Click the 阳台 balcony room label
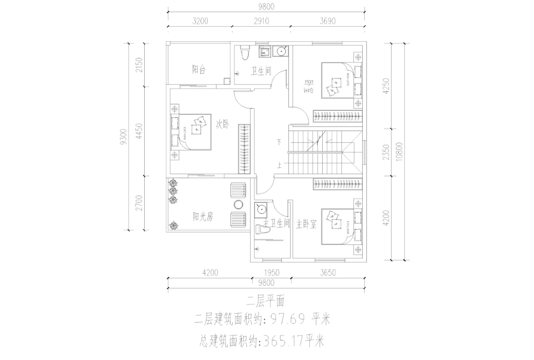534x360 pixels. pyautogui.click(x=199, y=69)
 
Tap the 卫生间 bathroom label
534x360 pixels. pyautogui.click(x=261, y=71)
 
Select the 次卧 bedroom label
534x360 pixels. pyautogui.click(x=222, y=124)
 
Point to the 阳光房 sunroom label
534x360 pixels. pyautogui.click(x=202, y=216)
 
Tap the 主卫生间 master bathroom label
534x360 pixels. pyautogui.click(x=277, y=224)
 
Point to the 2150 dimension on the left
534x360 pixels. pyautogui.click(x=139, y=65)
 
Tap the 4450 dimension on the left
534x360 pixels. pyautogui.click(x=139, y=130)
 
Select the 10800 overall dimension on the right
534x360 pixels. pyautogui.click(x=398, y=151)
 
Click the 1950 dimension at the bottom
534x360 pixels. pyautogui.click(x=272, y=273)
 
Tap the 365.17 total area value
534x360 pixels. pyautogui.click(x=282, y=341)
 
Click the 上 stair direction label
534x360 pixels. pyautogui.click(x=279, y=166)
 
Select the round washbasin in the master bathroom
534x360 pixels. pyautogui.click(x=260, y=209)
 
